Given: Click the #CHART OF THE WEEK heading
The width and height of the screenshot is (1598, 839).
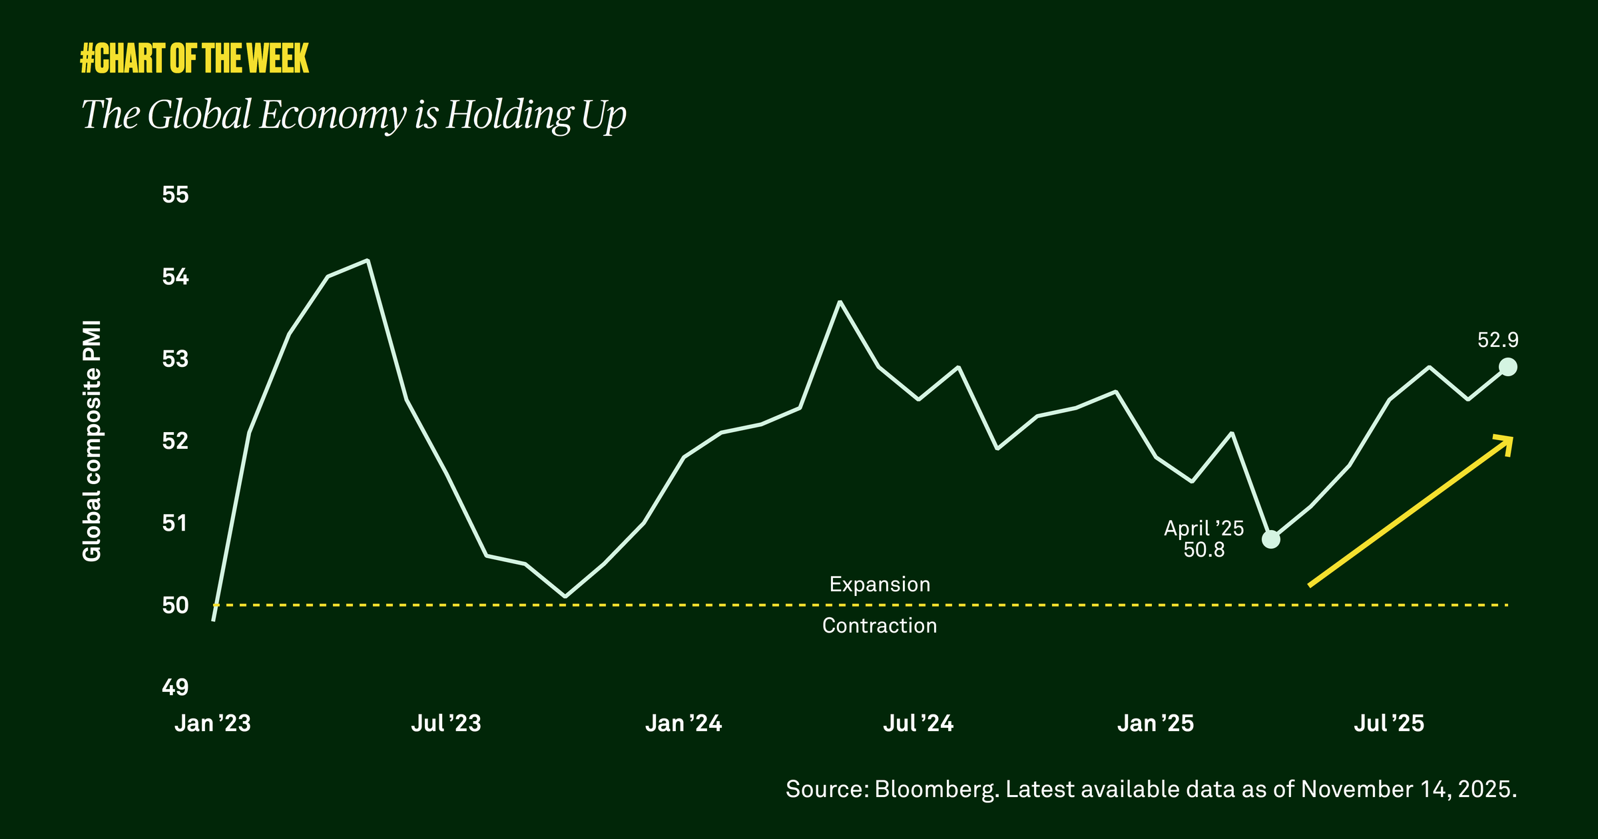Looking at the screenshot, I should [x=194, y=59].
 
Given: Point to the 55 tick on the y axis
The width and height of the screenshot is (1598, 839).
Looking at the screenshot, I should [x=175, y=195].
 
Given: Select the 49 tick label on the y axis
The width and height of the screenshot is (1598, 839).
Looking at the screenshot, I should [x=175, y=687].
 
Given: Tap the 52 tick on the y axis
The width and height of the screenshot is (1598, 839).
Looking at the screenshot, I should [x=175, y=441].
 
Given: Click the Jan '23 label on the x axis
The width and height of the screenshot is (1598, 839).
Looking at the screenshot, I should [x=212, y=723].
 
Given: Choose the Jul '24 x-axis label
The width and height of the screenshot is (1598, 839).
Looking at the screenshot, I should [x=918, y=723].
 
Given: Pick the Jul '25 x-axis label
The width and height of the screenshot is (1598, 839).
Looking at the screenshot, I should [x=1389, y=723].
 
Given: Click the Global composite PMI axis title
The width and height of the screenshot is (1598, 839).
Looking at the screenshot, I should [x=92, y=441].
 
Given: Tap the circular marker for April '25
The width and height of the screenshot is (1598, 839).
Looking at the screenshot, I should [x=1271, y=539].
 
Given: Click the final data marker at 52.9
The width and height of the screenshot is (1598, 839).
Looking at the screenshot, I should [x=1508, y=367].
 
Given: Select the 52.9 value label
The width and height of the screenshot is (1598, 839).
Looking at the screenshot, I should [x=1497, y=340].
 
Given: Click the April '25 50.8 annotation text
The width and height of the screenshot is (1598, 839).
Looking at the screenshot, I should [x=1204, y=539].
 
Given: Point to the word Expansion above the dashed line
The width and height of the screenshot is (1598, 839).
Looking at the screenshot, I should [x=880, y=585].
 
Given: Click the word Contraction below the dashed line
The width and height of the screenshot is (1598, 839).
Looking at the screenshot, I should [x=880, y=626].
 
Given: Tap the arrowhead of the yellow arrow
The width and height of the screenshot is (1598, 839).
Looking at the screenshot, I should [x=1506, y=442].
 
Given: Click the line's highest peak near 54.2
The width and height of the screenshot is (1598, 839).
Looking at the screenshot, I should [x=368, y=260].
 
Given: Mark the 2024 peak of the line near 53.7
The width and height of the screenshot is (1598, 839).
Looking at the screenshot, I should [x=840, y=302].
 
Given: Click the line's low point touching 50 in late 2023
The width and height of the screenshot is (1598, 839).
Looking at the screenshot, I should [x=565, y=597].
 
